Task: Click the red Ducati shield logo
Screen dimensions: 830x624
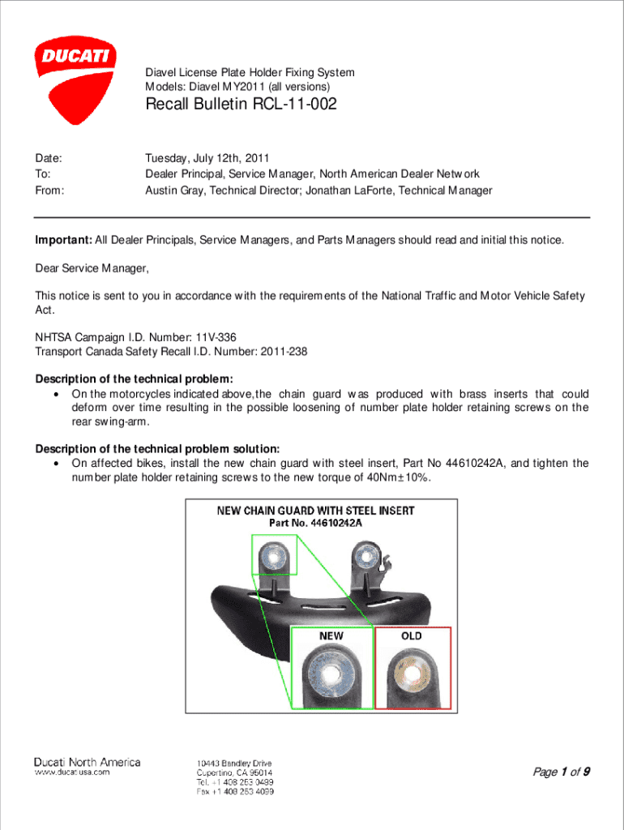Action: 75,79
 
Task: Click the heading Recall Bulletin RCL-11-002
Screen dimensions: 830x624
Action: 241,105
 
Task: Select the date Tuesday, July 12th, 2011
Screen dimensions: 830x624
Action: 207,158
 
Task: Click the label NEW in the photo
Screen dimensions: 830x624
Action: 331,636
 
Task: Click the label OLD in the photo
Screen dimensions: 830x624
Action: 412,636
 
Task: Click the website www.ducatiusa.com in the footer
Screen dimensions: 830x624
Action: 71,772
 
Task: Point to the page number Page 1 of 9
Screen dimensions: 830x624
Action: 560,772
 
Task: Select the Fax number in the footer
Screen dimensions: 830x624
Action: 235,791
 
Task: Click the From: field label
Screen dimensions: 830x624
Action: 49,190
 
